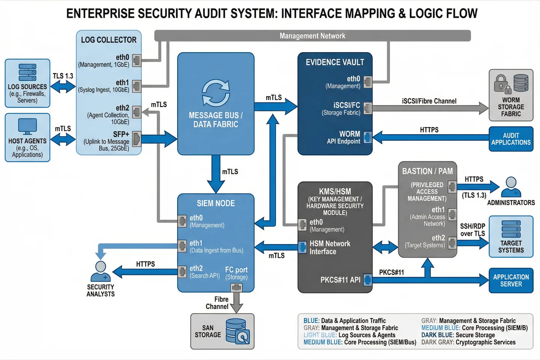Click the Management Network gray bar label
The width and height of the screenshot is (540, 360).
pyautogui.click(x=312, y=36)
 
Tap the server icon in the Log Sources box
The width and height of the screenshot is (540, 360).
pyautogui.click(x=27, y=72)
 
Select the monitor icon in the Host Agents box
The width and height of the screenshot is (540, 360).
pyautogui.click(x=27, y=126)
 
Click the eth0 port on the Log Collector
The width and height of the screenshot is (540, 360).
pyautogui.click(x=137, y=60)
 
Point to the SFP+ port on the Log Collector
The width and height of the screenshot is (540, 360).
pyautogui.click(x=137, y=139)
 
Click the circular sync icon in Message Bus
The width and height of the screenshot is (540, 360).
pyautogui.click(x=216, y=93)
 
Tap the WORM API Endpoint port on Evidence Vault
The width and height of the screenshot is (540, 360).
pyautogui.click(x=367, y=137)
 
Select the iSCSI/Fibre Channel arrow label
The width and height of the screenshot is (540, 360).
pyautogui.click(x=429, y=101)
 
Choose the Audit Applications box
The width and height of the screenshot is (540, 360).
pyautogui.click(x=511, y=139)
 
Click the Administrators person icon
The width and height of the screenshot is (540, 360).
pyautogui.click(x=511, y=187)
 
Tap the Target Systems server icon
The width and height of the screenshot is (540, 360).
pyautogui.click(x=511, y=228)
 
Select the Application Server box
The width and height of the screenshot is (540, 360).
pyautogui.click(x=511, y=280)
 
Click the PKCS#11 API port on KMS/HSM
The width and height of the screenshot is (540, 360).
pyautogui.click(x=367, y=280)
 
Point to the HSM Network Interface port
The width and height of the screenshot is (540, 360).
pyautogui.click(x=303, y=247)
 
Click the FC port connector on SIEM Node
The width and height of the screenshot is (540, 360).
pyautogui.click(x=236, y=288)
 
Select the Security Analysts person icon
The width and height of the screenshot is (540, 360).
pyautogui.click(x=100, y=271)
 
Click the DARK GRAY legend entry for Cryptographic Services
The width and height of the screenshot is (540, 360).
pyautogui.click(x=468, y=342)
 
